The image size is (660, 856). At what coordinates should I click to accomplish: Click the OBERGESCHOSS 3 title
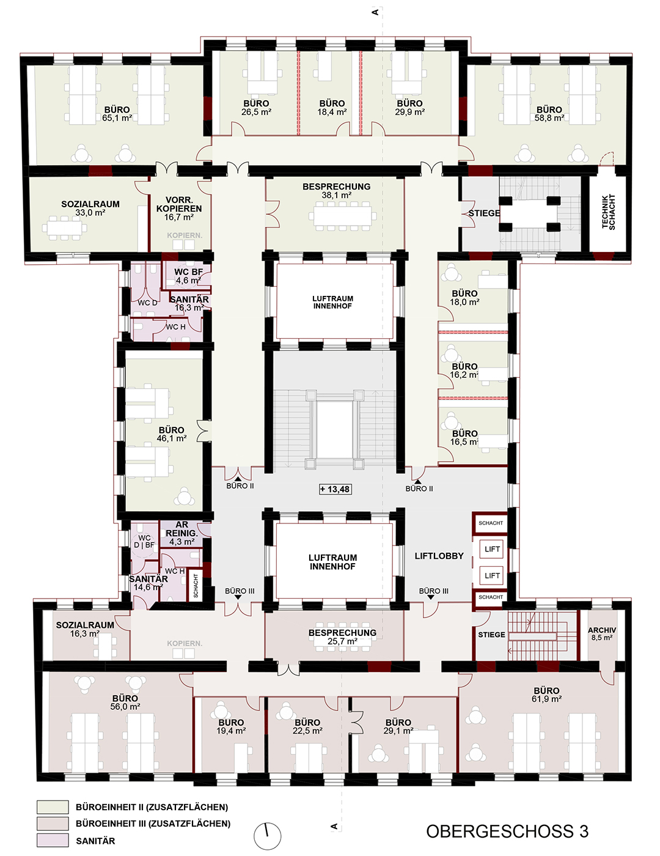[x=507, y=831]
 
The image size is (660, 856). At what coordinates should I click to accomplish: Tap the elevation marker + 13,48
[x=335, y=489]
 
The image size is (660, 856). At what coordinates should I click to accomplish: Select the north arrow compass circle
[x=267, y=836]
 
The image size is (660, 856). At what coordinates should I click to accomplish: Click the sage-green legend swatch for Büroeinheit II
[x=53, y=806]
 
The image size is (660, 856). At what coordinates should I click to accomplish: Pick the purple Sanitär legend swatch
[x=53, y=840]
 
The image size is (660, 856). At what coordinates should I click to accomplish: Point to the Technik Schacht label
[x=609, y=212]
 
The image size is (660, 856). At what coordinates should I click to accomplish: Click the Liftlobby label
[x=439, y=556]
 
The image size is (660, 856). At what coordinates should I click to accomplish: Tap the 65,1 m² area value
[x=117, y=118]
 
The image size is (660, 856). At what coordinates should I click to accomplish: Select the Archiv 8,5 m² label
[x=602, y=634]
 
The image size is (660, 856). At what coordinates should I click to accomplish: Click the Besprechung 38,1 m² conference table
[x=342, y=216]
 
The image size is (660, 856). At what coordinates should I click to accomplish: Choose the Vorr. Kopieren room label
[x=178, y=208]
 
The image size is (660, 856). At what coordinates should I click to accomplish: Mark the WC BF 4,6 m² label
[x=188, y=276]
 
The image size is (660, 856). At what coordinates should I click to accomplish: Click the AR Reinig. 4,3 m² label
[x=182, y=533]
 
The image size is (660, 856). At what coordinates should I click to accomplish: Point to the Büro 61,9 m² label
[x=547, y=695]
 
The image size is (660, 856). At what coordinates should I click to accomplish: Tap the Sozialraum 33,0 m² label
[x=90, y=208]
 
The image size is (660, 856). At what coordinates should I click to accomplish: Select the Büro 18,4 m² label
[x=332, y=108]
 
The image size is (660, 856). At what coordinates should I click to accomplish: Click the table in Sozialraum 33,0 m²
[x=65, y=227]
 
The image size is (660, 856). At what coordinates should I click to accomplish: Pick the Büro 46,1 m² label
[x=171, y=434]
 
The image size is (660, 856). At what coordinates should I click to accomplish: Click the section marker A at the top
[x=375, y=12]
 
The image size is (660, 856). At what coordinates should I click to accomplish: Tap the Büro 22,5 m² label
[x=307, y=726]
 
